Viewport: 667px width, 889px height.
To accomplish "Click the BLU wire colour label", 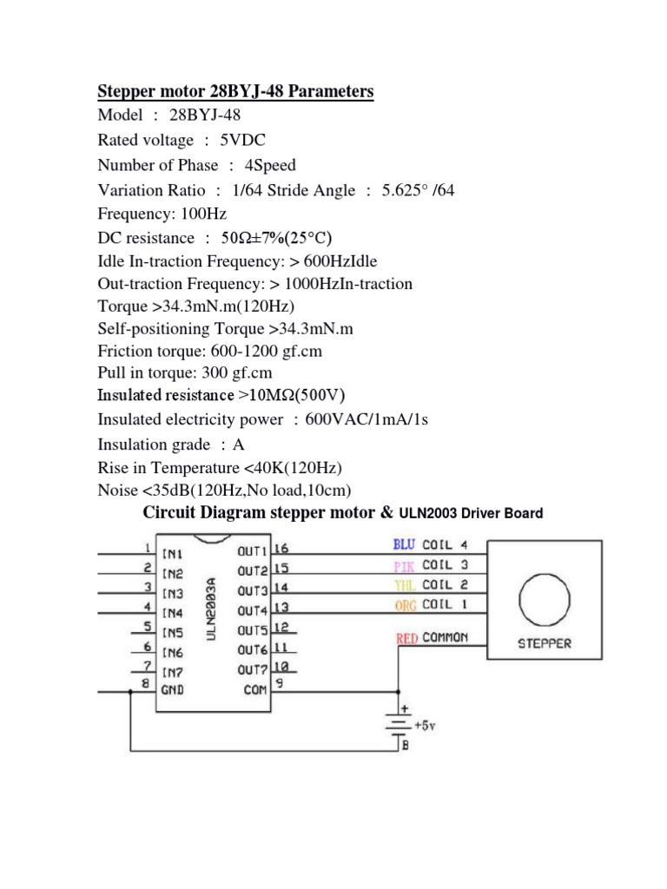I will (x=404, y=545).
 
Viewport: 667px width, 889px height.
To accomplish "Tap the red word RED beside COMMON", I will (x=407, y=638).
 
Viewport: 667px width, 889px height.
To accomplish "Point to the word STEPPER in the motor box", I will (x=545, y=644).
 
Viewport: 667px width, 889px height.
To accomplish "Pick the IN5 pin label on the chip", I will (x=172, y=631).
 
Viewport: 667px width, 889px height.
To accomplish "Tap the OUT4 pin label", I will (x=251, y=611).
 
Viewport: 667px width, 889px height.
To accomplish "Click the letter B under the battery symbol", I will (x=406, y=744).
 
